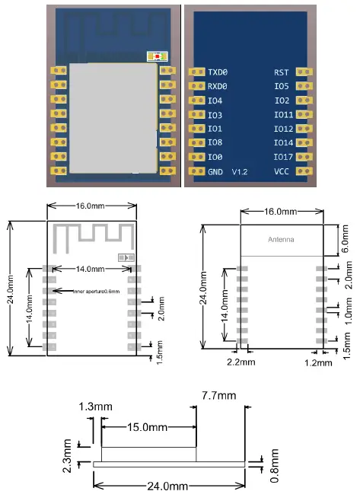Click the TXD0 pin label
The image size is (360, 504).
point(218,72)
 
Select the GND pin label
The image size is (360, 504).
point(215,171)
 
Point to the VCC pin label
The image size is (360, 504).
point(282,171)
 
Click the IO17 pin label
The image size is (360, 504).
point(283,157)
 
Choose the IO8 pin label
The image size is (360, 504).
point(215,142)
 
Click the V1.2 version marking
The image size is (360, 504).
point(241,171)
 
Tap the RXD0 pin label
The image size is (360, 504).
point(218,86)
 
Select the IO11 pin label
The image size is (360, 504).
point(283,114)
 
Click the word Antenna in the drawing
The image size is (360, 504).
point(280,240)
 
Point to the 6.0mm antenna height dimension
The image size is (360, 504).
point(346,241)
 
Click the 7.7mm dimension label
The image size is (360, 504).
point(218,396)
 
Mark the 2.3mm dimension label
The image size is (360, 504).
point(68,451)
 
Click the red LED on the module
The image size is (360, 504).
point(158,57)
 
